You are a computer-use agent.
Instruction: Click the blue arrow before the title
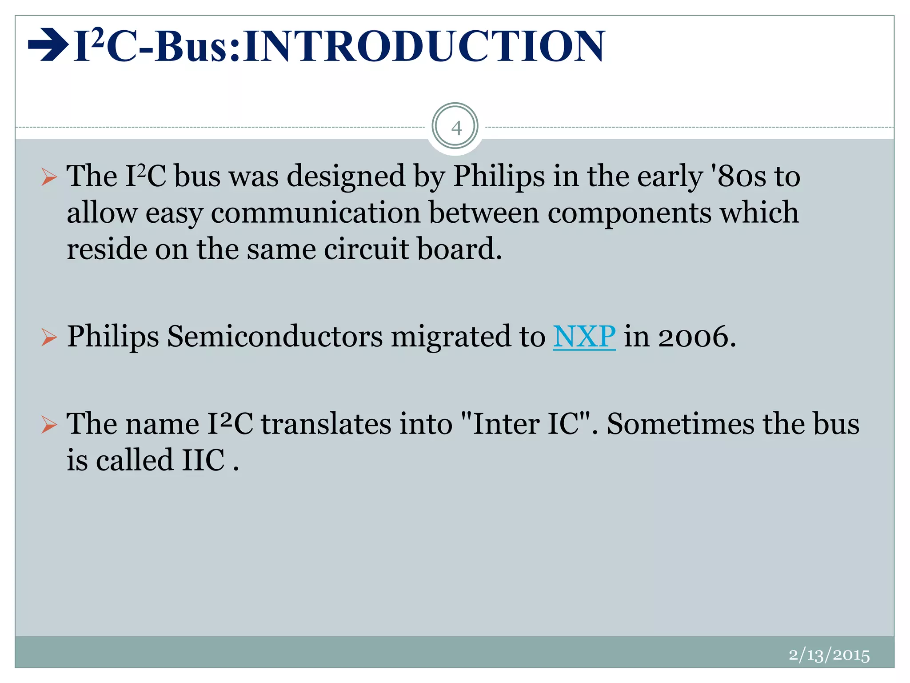pyautogui.click(x=48, y=44)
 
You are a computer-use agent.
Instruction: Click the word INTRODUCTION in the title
pyautogui.click(x=424, y=46)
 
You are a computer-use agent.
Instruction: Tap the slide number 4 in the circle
pyautogui.click(x=456, y=128)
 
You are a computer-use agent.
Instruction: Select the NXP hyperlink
pyautogui.click(x=584, y=336)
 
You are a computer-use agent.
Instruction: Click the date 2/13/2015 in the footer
pyautogui.click(x=829, y=655)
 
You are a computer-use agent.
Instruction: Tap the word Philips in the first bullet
pyautogui.click(x=499, y=177)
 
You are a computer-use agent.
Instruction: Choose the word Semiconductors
pyautogui.click(x=275, y=337)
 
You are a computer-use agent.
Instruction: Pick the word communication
pyautogui.click(x=315, y=213)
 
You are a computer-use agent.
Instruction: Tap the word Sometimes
pyautogui.click(x=681, y=424)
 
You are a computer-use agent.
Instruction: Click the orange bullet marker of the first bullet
pyautogui.click(x=49, y=177)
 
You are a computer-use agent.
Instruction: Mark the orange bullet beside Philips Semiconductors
pyautogui.click(x=49, y=337)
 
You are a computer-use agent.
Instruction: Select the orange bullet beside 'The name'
pyautogui.click(x=49, y=425)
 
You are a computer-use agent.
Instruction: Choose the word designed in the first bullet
pyautogui.click(x=346, y=177)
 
